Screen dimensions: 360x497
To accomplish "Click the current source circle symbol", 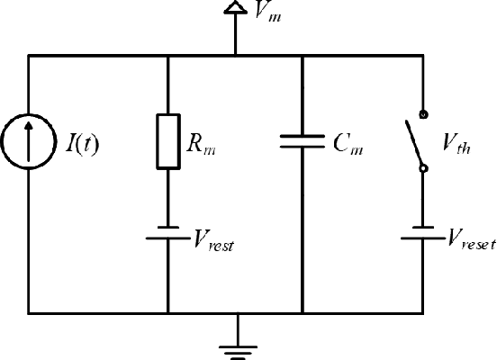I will point(28,143).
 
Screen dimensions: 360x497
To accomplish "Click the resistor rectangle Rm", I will point(168,142).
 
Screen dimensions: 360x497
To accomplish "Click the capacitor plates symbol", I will point(301,141).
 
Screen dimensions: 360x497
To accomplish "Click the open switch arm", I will point(415,143).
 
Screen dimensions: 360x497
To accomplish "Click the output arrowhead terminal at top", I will point(236,9).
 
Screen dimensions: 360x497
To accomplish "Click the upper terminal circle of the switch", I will point(422,115).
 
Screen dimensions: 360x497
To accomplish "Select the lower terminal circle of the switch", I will point(422,168).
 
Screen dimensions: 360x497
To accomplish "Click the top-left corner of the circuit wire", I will point(28,55).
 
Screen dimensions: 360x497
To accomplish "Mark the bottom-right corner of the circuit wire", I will point(422,313).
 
